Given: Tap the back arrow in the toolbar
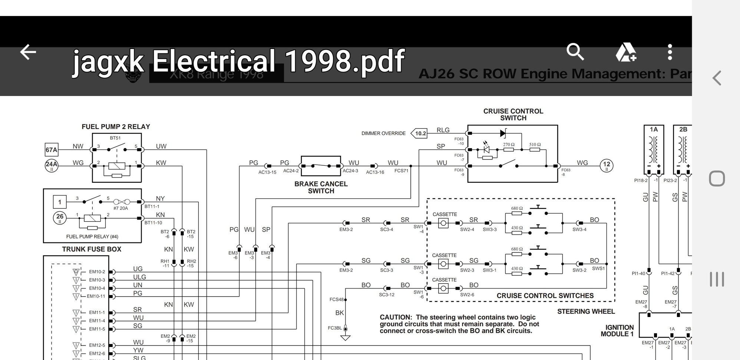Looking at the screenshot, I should pos(28,52).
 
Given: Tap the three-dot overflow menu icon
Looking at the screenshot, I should pos(670,52).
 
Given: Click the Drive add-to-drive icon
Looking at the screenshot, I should pos(626,52).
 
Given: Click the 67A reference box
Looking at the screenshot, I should pos(52,150).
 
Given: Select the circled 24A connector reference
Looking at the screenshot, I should pos(52,166).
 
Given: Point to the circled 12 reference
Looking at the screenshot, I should pos(607,166).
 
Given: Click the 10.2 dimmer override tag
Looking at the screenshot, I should pos(420,133).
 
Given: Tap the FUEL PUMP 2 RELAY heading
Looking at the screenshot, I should pos(116,127).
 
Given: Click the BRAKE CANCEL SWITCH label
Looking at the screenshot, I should pos(321,187).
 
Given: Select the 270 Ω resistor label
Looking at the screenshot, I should pos(509,145).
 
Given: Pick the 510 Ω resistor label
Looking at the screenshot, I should pos(535,145).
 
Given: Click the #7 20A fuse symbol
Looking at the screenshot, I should pos(122,202).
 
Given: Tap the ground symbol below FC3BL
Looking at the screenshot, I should pos(346,337).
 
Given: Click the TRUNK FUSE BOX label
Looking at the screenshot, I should pos(92,249).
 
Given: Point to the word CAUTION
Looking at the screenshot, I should pos(396,317).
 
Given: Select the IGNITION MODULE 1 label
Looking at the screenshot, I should pos(618,330).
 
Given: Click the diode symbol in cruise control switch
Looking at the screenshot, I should pos(503,133).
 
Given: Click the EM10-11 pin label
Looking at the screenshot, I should pos(96,296).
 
